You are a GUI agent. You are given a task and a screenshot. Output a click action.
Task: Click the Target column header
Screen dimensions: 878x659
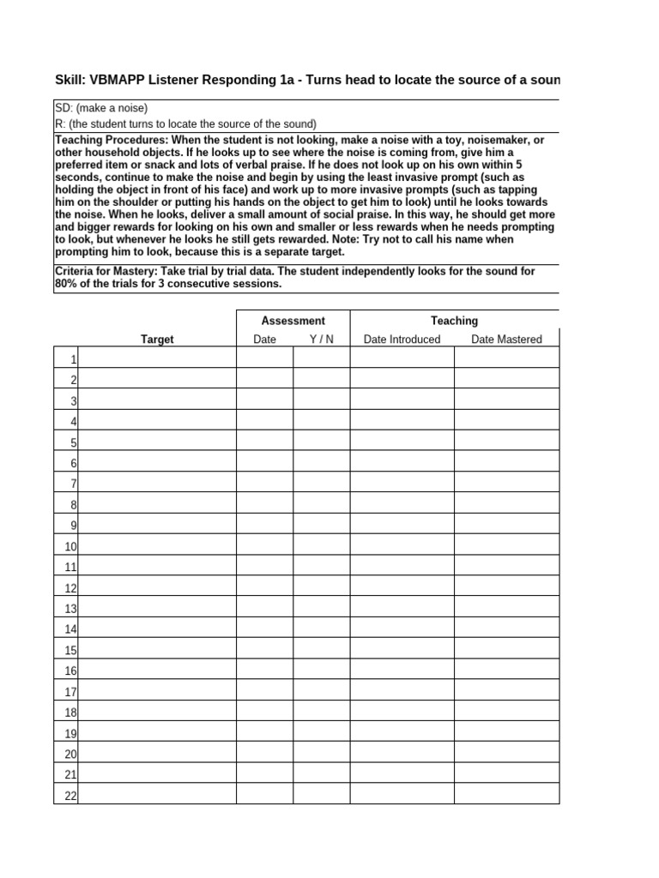coord(157,340)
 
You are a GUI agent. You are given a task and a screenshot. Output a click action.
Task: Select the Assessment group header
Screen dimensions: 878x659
coord(293,321)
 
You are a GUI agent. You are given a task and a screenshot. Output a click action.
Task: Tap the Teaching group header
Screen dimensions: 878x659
coord(454,321)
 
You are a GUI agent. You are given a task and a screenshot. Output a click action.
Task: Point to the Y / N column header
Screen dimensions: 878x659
coord(322,340)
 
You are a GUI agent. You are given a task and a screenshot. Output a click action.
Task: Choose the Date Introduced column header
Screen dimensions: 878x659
coord(402,340)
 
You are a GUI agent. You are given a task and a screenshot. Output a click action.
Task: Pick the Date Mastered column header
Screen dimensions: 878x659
coord(506,340)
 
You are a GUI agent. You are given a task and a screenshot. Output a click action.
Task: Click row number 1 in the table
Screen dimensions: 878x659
coord(74,359)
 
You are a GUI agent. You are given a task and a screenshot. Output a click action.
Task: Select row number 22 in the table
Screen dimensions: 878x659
coord(70,796)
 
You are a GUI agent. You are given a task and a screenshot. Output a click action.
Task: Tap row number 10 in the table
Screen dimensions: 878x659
coord(70,546)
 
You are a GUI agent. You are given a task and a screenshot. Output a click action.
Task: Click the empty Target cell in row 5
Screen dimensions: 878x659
coord(157,442)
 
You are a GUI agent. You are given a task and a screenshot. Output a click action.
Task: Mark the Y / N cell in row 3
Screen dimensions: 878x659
coord(322,400)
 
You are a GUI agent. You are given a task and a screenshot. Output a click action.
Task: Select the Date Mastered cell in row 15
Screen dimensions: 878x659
coord(506,650)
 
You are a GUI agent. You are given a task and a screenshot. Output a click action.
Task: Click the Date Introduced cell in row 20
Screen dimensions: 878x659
coord(402,754)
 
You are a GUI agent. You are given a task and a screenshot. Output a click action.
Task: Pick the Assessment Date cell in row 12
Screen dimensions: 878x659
coord(264,587)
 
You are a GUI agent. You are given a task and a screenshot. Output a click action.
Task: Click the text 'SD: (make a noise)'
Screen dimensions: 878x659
coord(101,108)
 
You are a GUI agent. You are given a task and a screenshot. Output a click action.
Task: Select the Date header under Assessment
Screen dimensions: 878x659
coord(264,340)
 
